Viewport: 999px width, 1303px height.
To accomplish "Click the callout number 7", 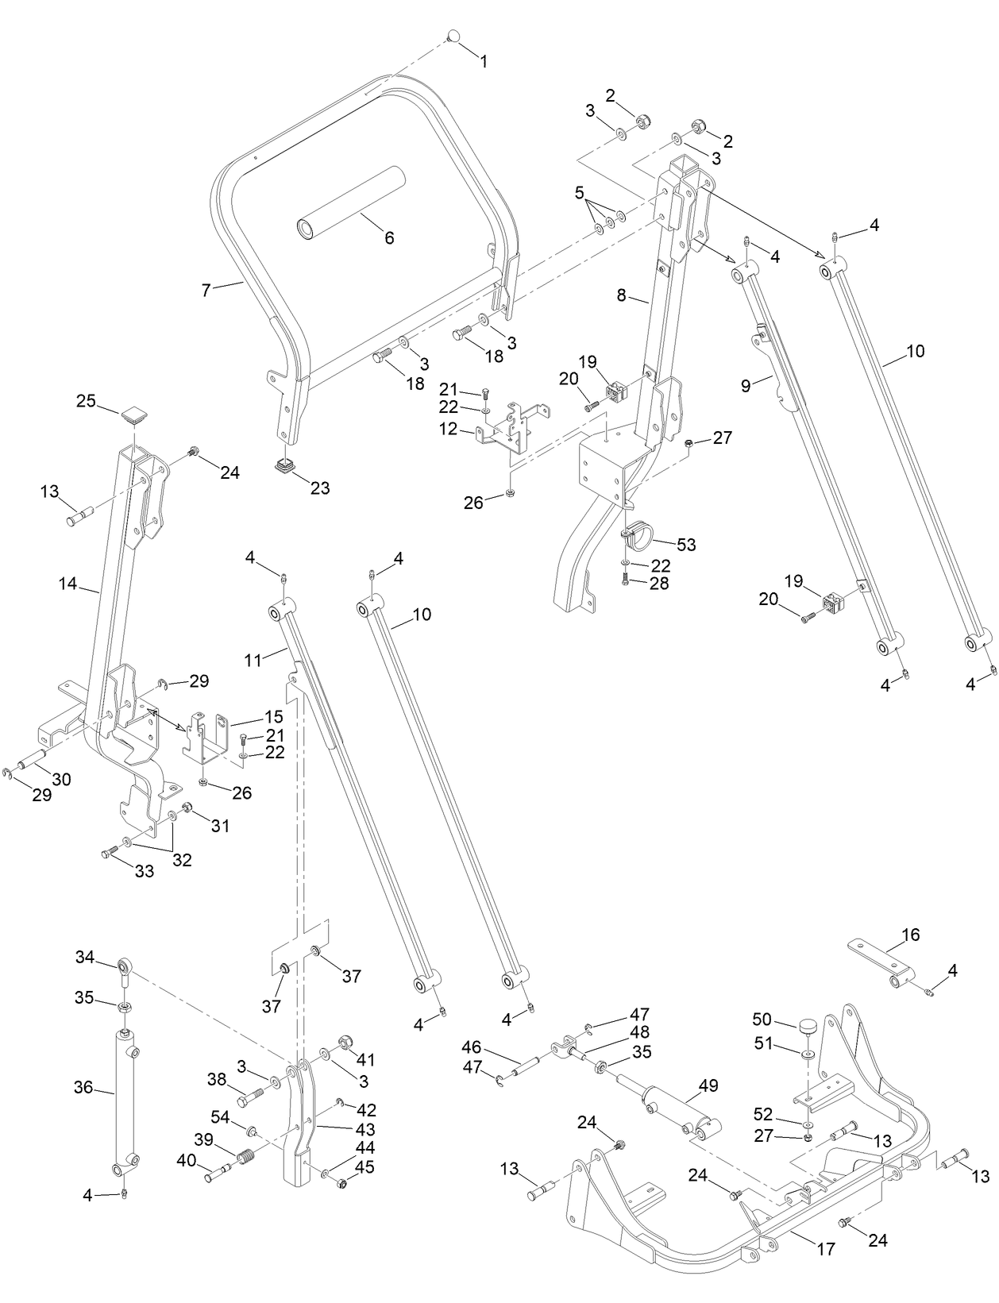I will point(206,291).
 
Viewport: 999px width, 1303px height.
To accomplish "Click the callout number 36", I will point(83,1087).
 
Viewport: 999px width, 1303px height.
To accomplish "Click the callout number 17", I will point(826,1249).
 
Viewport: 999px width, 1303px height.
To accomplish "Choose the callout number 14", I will point(67,584).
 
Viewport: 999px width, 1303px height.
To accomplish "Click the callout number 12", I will point(448,429).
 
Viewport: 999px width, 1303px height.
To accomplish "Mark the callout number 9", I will point(746,386).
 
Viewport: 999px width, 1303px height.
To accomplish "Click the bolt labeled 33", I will point(110,852).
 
